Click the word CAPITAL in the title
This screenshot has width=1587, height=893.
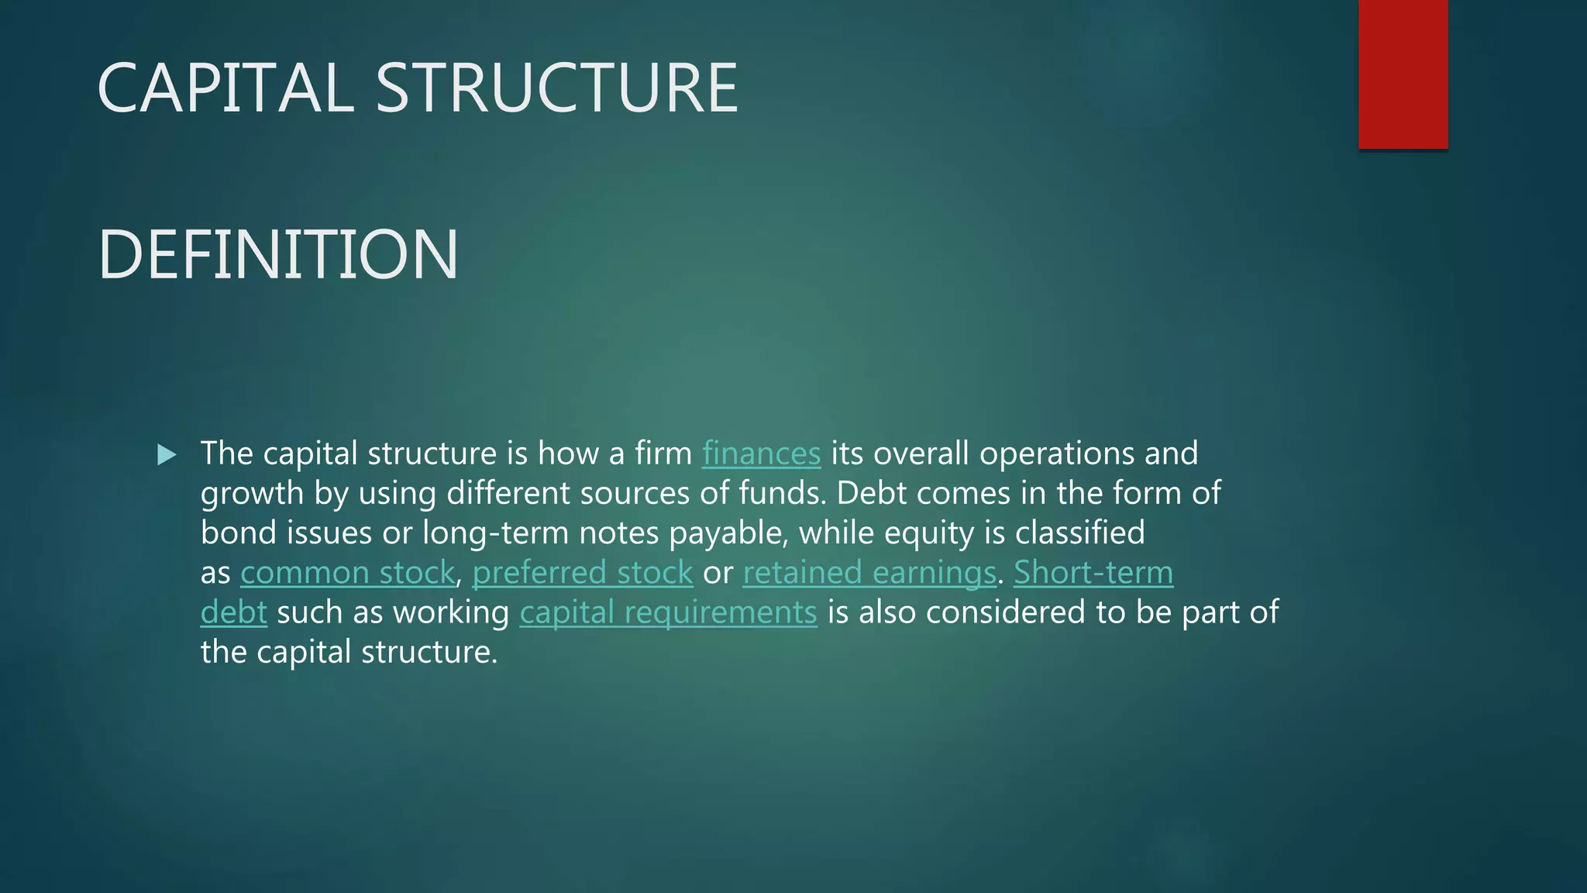click(x=225, y=88)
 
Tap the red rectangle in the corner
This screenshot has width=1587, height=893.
click(x=1403, y=74)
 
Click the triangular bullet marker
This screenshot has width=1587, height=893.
click(x=167, y=455)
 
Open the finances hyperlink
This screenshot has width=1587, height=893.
click(x=761, y=454)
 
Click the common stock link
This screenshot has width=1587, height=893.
click(x=347, y=574)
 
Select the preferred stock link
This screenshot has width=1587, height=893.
click(x=582, y=574)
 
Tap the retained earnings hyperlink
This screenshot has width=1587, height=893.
click(x=869, y=574)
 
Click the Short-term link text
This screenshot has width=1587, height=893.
click(x=1093, y=574)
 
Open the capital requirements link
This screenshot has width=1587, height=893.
click(x=668, y=613)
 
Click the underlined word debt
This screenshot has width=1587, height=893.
click(x=233, y=613)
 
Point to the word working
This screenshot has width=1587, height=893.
click(x=451, y=613)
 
